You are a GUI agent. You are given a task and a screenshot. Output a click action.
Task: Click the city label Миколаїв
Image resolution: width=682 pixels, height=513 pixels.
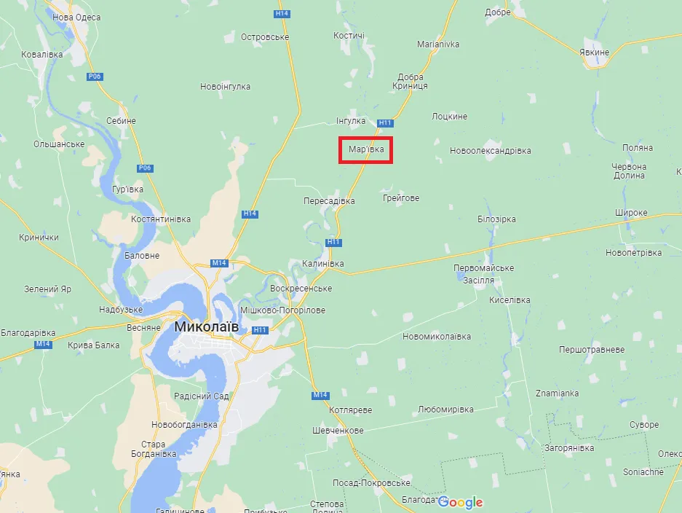[x=207, y=327]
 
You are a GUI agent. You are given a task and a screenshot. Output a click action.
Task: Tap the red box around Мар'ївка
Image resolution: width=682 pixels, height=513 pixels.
[x=366, y=150]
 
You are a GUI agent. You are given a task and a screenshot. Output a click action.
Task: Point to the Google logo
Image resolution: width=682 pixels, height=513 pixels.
[x=460, y=502]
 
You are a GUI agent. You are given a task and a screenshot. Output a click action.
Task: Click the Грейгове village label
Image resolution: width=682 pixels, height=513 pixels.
[x=400, y=197]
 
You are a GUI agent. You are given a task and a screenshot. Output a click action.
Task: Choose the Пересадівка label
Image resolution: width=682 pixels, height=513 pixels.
[x=329, y=200]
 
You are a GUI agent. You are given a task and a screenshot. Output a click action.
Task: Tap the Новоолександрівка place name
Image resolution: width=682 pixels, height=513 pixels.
[x=490, y=151]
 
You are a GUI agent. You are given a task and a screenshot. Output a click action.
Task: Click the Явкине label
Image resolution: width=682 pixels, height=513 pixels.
[x=594, y=52]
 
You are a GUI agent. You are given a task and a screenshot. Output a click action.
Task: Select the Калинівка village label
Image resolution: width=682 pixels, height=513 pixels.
[x=323, y=263]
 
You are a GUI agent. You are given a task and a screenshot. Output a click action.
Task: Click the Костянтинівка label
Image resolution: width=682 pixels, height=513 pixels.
[x=161, y=219]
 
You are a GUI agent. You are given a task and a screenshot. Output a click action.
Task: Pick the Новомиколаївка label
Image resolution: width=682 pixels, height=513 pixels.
[x=436, y=337]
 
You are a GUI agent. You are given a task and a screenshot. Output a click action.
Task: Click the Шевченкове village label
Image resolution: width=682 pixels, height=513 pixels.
[x=337, y=431]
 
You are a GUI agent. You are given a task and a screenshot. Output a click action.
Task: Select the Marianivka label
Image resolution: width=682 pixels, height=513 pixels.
[x=438, y=44]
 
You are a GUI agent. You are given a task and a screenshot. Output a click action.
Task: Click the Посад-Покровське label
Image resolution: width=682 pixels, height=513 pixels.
[x=372, y=482]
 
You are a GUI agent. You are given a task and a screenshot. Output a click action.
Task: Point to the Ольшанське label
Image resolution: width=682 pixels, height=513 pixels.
[x=59, y=144]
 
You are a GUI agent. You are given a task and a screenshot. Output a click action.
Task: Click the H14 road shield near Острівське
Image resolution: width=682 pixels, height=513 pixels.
[x=282, y=14]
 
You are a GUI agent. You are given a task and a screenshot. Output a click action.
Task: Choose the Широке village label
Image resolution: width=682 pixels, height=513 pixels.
[x=630, y=213]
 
